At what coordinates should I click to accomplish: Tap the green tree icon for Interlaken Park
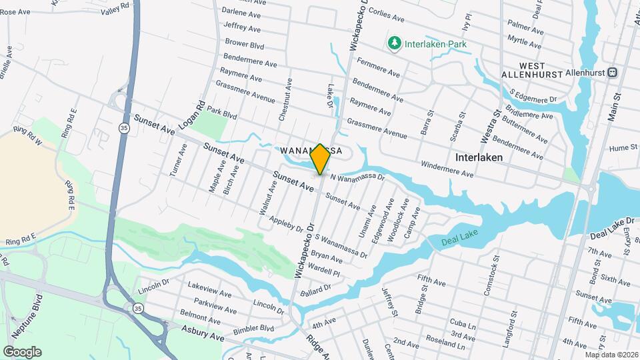(395, 43)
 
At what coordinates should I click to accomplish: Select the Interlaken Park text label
(435, 44)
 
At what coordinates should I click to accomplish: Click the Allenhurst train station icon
(612, 72)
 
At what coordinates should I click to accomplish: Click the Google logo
(22, 351)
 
